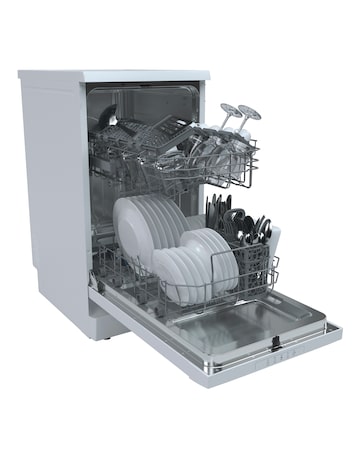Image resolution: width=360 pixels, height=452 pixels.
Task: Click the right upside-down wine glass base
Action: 247,111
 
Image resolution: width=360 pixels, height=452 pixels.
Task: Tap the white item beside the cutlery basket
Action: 275,240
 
